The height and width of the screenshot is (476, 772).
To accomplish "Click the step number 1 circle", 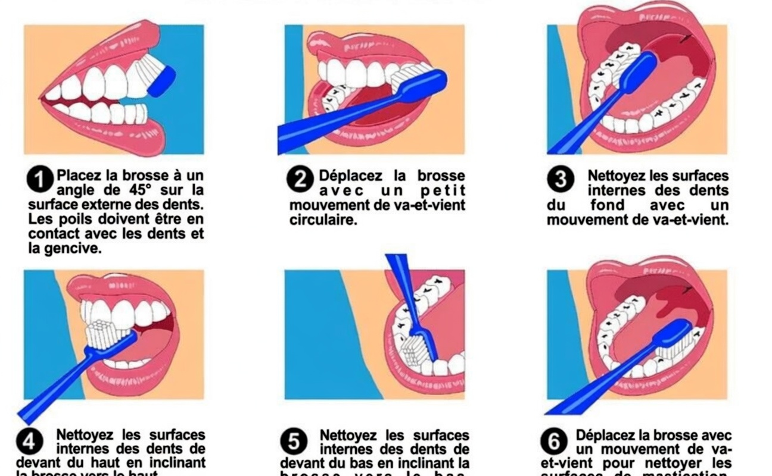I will [40, 180].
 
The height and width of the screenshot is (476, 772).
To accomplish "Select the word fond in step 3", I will [608, 205].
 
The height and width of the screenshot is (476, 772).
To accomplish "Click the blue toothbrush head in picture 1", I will [161, 82].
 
